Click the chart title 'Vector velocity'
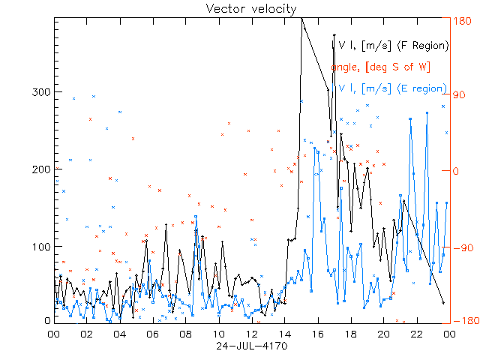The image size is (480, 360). pyautogui.click(x=252, y=8)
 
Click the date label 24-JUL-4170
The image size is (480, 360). pyautogui.click(x=252, y=346)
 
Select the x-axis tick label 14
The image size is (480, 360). pyautogui.click(x=284, y=334)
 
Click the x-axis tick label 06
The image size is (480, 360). pyautogui.click(x=152, y=334)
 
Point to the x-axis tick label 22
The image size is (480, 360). pyautogui.click(x=416, y=334)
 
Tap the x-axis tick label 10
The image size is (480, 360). pyautogui.click(x=218, y=334)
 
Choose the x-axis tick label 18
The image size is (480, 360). pyautogui.click(x=350, y=334)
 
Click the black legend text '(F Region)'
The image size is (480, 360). pyautogui.click(x=424, y=45)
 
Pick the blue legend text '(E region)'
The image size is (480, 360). pyautogui.click(x=423, y=88)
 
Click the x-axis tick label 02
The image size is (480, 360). pyautogui.click(x=86, y=334)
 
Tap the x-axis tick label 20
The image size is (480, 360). pyautogui.click(x=383, y=334)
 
